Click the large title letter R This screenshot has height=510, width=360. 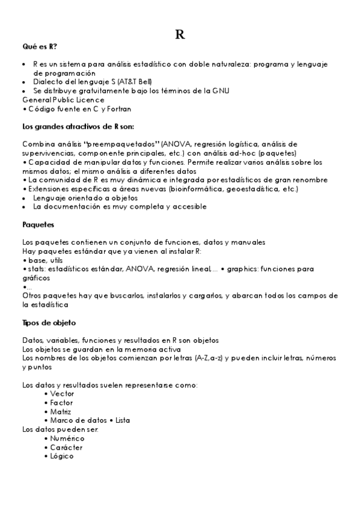[x=180, y=35]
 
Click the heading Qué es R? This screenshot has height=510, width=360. [x=40, y=46]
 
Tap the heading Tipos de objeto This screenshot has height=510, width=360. [x=49, y=322]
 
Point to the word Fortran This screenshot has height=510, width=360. [x=118, y=109]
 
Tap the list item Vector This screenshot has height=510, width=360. [x=63, y=393]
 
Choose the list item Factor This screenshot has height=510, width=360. [x=62, y=402]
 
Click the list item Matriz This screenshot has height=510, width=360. [x=61, y=411]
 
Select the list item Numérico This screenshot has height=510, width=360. [x=67, y=438]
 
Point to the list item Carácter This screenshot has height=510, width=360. [x=67, y=447]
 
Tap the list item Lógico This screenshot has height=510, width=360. [x=62, y=456]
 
